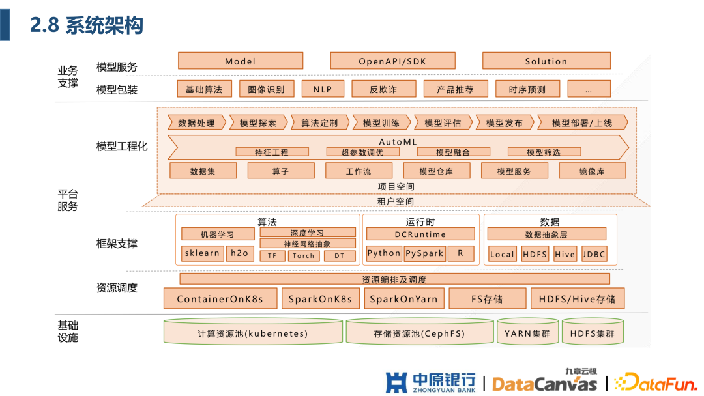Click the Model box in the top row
tap(241, 61)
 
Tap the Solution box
tap(546, 61)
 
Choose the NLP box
tap(323, 89)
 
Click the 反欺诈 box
tap(383, 89)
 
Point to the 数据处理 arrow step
tap(197, 122)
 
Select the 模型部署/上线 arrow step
tap(582, 122)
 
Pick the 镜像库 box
tap(592, 171)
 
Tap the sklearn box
tap(202, 253)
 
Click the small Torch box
tap(304, 256)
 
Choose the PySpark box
tap(424, 253)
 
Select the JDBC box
tap(594, 254)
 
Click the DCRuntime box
tap(420, 234)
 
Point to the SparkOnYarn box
tap(404, 299)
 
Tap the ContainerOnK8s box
tap(220, 299)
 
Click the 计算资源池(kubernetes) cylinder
tap(252, 332)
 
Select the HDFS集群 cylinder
tap(592, 332)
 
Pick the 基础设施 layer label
tap(68, 331)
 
